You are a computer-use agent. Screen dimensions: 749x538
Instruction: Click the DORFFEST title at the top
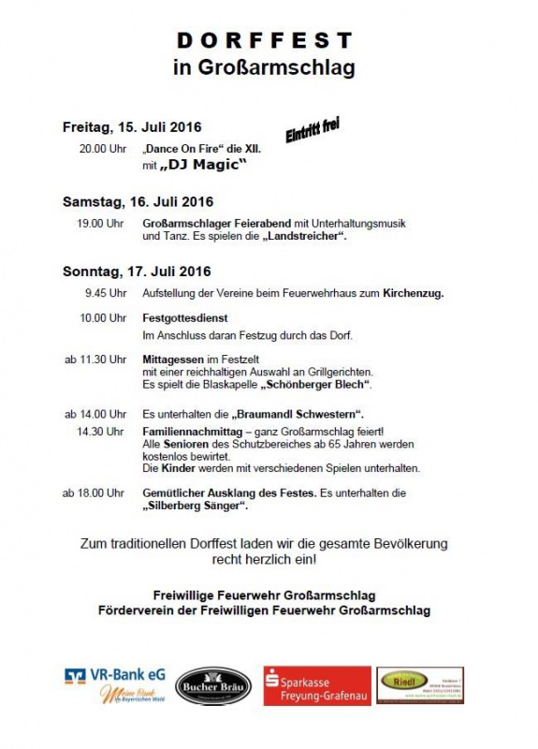267,39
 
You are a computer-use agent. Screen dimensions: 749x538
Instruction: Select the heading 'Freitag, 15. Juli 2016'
132,126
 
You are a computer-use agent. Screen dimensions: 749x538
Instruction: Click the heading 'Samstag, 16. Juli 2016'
138,201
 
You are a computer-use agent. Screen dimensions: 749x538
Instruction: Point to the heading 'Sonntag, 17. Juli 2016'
137,272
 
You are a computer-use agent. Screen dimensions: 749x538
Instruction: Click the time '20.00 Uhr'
102,149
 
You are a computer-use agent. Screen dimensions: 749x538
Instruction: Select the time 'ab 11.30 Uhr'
95,359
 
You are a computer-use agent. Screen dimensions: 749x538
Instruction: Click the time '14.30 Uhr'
102,431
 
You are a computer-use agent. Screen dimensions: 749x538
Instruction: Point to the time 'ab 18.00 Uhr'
95,492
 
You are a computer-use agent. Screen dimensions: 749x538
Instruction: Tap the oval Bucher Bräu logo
213,686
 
